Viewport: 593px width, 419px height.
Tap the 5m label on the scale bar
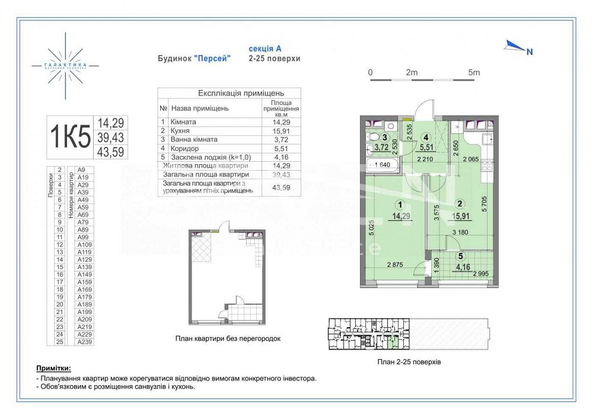(x=473, y=72)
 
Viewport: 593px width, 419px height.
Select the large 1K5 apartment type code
(x=69, y=137)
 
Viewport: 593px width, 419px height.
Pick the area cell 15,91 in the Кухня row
(x=281, y=130)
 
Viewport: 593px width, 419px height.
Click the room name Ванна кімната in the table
(x=194, y=139)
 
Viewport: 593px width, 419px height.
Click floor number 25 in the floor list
(x=59, y=341)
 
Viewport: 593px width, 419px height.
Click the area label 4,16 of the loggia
(x=463, y=267)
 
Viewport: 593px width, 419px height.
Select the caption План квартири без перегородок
(x=228, y=338)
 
